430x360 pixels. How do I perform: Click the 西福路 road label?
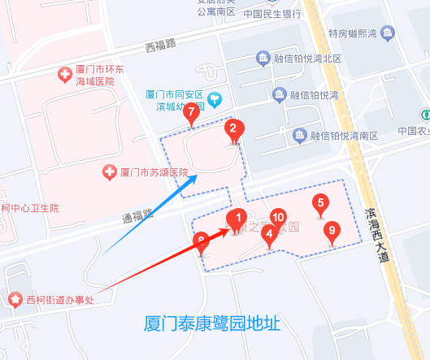[x=161, y=47]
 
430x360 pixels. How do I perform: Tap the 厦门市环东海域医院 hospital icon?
[x=65, y=75]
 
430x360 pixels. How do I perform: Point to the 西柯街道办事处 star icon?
[x=15, y=299]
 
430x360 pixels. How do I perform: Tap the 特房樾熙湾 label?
[x=353, y=34]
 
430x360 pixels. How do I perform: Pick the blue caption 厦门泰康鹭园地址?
[x=211, y=323]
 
